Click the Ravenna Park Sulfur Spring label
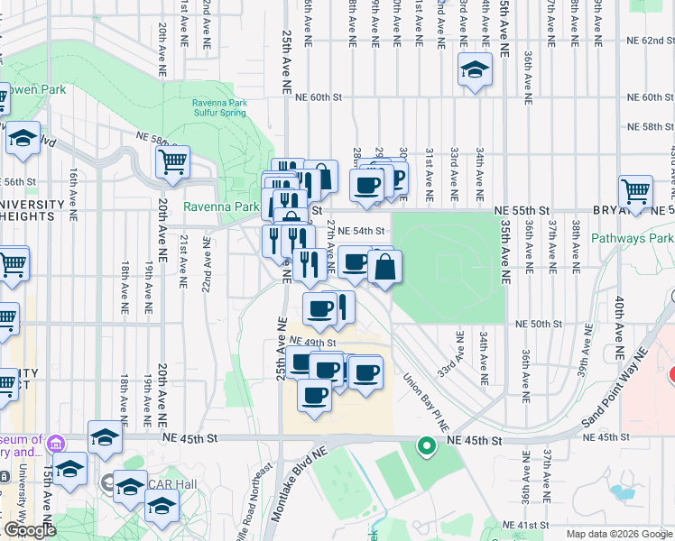coord(224,108)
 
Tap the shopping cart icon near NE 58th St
coord(172,162)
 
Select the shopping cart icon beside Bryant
coord(635,192)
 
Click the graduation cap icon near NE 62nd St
coord(475,70)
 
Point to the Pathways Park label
coord(633,239)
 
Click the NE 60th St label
coord(319,97)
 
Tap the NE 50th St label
coord(539,324)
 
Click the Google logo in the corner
coord(30,530)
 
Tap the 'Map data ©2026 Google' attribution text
coord(618,534)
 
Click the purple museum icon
coord(56,444)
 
